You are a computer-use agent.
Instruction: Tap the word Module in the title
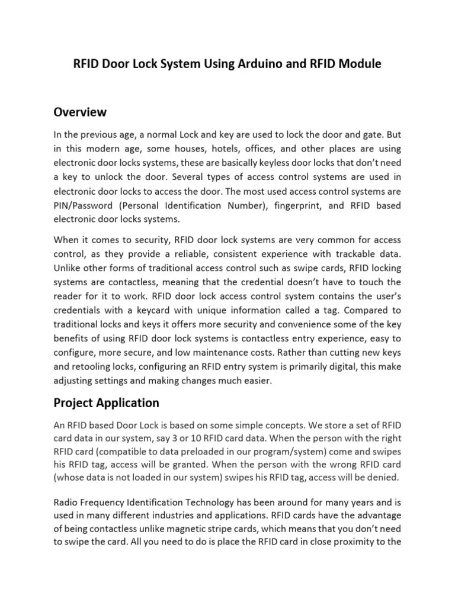[360, 65]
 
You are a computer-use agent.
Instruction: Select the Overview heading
[80, 112]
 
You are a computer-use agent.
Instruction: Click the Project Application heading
[106, 403]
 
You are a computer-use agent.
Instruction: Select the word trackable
[351, 254]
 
